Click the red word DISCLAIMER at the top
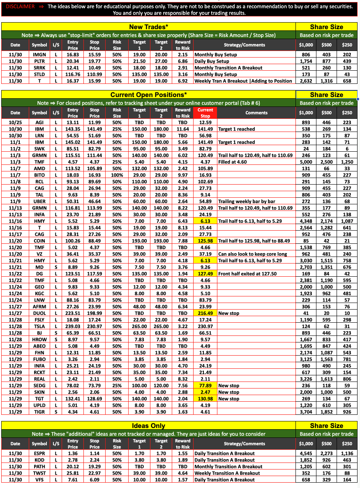[x=20, y=7]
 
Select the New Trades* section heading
[x=148, y=27]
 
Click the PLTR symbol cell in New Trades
[x=39, y=61]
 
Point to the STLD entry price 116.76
[x=73, y=74]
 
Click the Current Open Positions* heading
[x=148, y=95]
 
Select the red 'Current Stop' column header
[x=205, y=113]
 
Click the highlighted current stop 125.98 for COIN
[x=205, y=241]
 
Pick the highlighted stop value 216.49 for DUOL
[x=205, y=313]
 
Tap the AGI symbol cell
[x=39, y=123]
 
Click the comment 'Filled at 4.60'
[x=233, y=162]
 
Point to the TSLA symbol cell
[x=39, y=326]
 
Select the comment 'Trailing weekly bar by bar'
[x=246, y=201]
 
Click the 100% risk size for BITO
[x=117, y=175]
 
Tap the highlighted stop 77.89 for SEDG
[x=205, y=386]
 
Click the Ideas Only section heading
[x=148, y=426]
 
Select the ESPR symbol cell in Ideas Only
[x=39, y=453]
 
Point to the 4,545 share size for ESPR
[x=306, y=453]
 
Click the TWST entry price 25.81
[x=73, y=473]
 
